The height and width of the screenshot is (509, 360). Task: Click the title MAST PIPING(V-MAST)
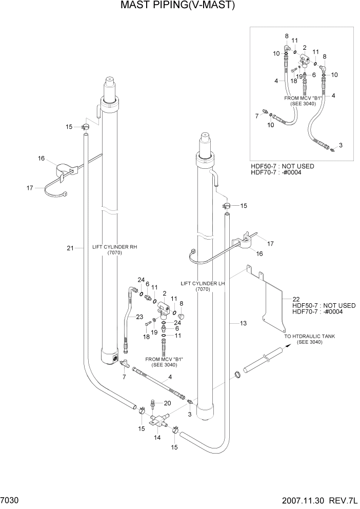(177, 6)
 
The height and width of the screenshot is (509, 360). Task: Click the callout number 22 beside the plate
(296, 299)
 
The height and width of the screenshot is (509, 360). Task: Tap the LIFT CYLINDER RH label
(114, 247)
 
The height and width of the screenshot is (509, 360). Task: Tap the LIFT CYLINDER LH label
(204, 283)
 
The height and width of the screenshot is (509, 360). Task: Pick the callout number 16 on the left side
(42, 159)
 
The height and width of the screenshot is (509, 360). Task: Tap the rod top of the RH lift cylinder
(111, 82)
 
